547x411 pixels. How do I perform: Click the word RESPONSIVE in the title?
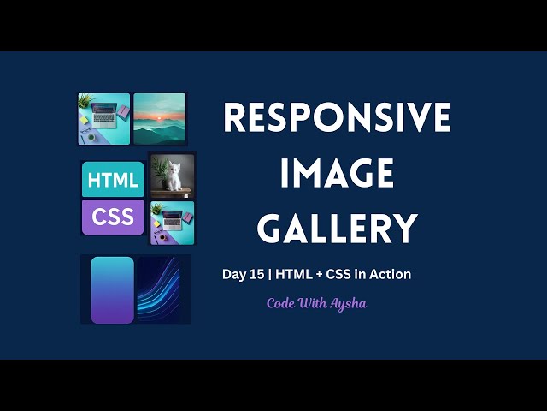tap(337, 117)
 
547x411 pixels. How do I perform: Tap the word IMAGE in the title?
tap(337, 174)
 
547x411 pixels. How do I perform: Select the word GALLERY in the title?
tap(337, 229)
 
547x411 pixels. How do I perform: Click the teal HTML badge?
tap(113, 180)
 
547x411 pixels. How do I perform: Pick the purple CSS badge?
tap(113, 217)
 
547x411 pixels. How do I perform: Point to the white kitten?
tap(175, 177)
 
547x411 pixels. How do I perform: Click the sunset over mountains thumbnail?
tap(159, 118)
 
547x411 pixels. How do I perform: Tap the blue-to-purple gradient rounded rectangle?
tap(113, 289)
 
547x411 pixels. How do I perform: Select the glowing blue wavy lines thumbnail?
tap(162, 289)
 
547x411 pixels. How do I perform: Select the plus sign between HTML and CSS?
tap(317, 274)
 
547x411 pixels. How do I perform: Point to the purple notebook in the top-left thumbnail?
tap(122, 112)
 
